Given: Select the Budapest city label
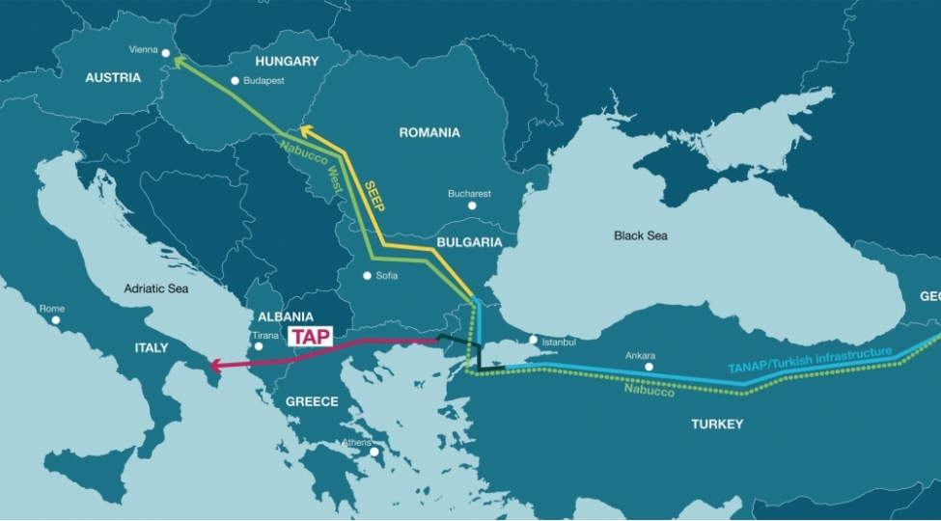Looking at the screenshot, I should click(263, 81).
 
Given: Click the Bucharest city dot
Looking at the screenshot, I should click(471, 206).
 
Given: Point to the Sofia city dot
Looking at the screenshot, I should click(367, 276).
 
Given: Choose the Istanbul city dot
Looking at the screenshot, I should click(533, 340).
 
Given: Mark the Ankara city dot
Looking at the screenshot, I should click(649, 367).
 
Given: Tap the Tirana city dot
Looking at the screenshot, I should click(258, 347).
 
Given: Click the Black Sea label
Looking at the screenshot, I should click(641, 235).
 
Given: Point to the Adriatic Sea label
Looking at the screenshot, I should click(156, 288).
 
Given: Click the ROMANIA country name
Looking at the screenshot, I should click(429, 132).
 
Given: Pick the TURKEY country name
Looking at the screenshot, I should click(717, 425).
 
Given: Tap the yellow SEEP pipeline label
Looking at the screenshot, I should click(374, 195).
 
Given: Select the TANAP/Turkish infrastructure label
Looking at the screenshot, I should click(810, 360).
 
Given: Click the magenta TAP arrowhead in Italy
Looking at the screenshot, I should click(217, 366).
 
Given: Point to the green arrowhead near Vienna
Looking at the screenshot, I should click(180, 63).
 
